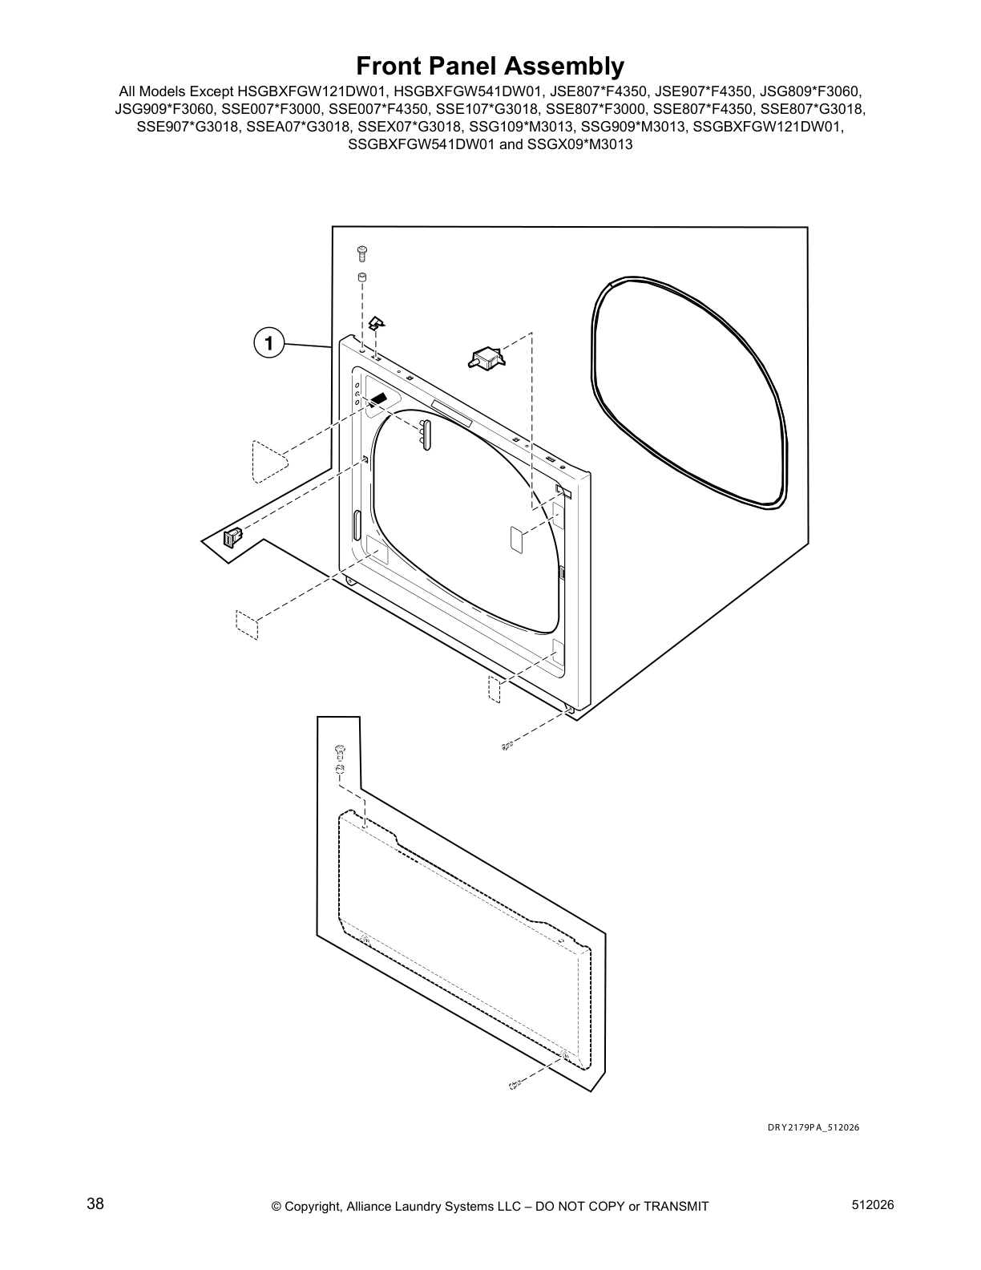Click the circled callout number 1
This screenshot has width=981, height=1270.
268,343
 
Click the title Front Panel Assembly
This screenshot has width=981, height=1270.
490,65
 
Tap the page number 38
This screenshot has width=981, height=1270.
95,1204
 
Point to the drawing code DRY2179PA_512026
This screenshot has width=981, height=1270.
813,1127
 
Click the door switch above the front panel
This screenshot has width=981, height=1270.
484,358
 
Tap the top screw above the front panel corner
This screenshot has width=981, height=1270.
361,253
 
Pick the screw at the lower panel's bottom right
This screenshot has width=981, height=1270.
516,1085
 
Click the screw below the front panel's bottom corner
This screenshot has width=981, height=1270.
507,746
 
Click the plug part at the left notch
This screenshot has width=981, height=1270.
232,536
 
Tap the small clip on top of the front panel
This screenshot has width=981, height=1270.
376,323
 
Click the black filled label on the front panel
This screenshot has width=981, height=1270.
378,399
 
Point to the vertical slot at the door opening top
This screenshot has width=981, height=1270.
426,434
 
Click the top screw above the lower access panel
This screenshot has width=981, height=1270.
340,750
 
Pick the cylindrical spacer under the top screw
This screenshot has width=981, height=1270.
361,277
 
